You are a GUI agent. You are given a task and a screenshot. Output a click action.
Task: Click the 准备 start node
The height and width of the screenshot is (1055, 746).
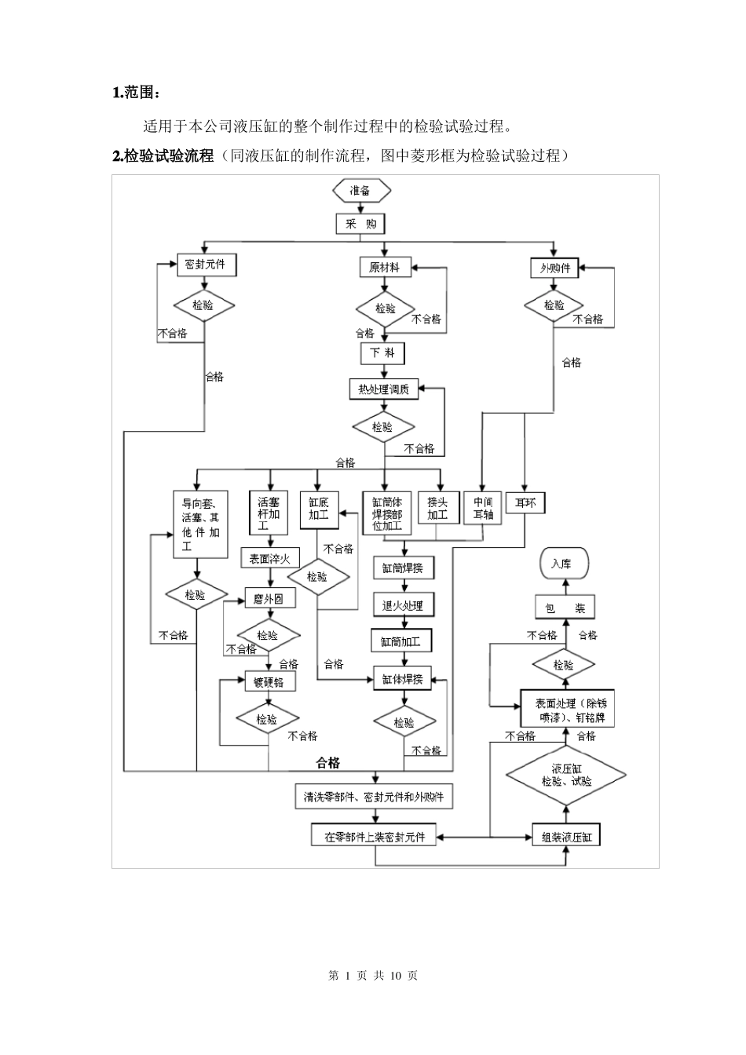(x=361, y=190)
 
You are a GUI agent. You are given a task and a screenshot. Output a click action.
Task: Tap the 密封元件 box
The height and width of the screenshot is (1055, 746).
(x=205, y=265)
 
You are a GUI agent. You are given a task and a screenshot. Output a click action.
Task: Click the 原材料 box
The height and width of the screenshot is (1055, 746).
(x=385, y=268)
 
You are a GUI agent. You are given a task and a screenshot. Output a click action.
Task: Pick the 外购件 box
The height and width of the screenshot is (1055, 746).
(x=554, y=268)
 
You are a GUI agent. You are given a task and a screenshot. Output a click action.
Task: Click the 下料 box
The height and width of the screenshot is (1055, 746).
(x=382, y=353)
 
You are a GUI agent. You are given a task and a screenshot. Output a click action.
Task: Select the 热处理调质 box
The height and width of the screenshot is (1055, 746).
(x=384, y=389)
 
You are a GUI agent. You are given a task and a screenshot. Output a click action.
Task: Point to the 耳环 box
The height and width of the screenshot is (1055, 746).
(x=525, y=503)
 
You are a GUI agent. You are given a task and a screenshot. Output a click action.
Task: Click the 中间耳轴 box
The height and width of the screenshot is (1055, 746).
(x=483, y=509)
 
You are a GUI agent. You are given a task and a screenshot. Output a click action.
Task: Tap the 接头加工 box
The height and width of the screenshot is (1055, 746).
(x=437, y=509)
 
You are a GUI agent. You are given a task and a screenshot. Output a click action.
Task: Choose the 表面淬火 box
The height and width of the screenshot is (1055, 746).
(x=270, y=559)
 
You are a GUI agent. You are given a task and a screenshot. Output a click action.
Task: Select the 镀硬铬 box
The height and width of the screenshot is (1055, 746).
(x=269, y=682)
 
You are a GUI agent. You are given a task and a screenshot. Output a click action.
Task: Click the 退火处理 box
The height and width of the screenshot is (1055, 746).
(x=403, y=605)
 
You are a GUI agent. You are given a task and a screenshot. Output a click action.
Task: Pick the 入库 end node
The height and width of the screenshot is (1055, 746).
(x=562, y=564)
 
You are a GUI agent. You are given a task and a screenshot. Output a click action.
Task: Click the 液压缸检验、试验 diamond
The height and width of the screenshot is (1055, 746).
(x=566, y=776)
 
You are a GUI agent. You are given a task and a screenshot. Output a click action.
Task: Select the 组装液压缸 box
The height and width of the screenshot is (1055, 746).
(x=566, y=836)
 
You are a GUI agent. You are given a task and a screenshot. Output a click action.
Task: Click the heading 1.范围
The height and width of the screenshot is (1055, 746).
(x=137, y=93)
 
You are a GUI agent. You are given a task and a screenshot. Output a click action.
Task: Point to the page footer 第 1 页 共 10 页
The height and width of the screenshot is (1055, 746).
(x=372, y=975)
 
